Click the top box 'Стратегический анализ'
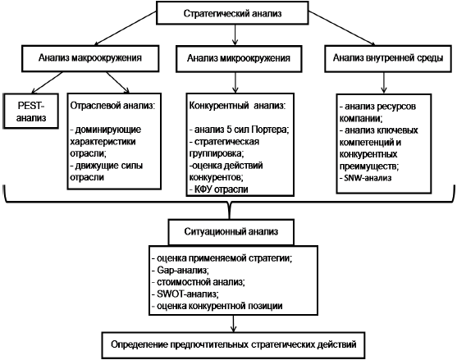point(232,13)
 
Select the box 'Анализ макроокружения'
point(90,58)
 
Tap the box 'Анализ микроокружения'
point(239,58)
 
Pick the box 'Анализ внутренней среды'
point(388,58)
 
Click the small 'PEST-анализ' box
point(31,111)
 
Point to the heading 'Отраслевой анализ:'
point(112,106)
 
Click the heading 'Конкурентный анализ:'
point(238,106)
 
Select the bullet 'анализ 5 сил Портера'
point(239,130)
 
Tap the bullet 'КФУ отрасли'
point(218,189)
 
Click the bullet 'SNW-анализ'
point(365,178)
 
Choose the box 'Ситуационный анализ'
point(231,232)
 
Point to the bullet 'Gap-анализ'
point(181,271)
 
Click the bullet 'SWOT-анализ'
point(185,294)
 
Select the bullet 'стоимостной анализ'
point(199,282)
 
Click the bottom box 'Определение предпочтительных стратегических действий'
point(234,345)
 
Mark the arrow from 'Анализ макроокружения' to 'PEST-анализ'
point(48,83)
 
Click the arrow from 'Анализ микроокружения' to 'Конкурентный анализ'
point(235,83)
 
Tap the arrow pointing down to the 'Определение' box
point(233,323)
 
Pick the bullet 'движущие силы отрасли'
point(107,171)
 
